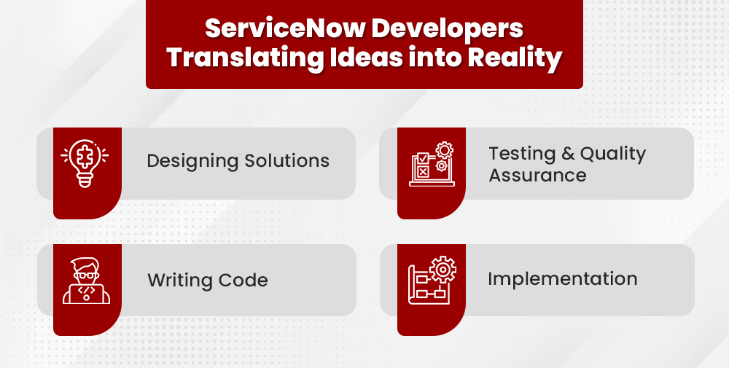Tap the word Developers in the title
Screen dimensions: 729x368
pyautogui.click(x=448, y=29)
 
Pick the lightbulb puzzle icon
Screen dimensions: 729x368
pyautogui.click(x=85, y=163)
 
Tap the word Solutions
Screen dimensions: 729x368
pyautogui.click(x=286, y=160)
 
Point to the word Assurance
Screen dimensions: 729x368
pyautogui.click(x=537, y=176)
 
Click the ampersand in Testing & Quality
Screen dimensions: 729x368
pyautogui.click(x=568, y=154)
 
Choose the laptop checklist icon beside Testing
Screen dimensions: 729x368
pyautogui.click(x=432, y=164)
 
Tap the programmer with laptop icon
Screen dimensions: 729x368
pyautogui.click(x=87, y=281)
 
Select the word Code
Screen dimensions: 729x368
pyautogui.click(x=243, y=280)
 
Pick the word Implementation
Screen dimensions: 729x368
pyautogui.click(x=563, y=279)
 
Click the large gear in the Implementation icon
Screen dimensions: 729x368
pyautogui.click(x=443, y=270)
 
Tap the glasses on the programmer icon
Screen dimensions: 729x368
pyautogui.click(x=86, y=275)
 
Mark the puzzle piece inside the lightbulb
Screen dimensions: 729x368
pyautogui.click(x=85, y=157)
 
